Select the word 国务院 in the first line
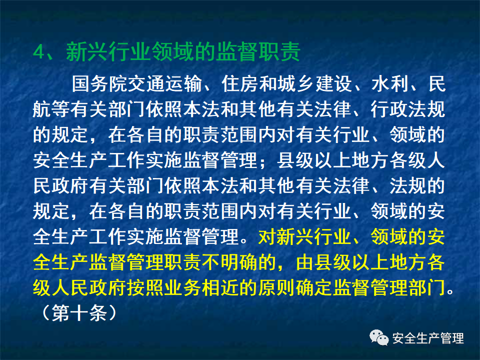tap(100, 84)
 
